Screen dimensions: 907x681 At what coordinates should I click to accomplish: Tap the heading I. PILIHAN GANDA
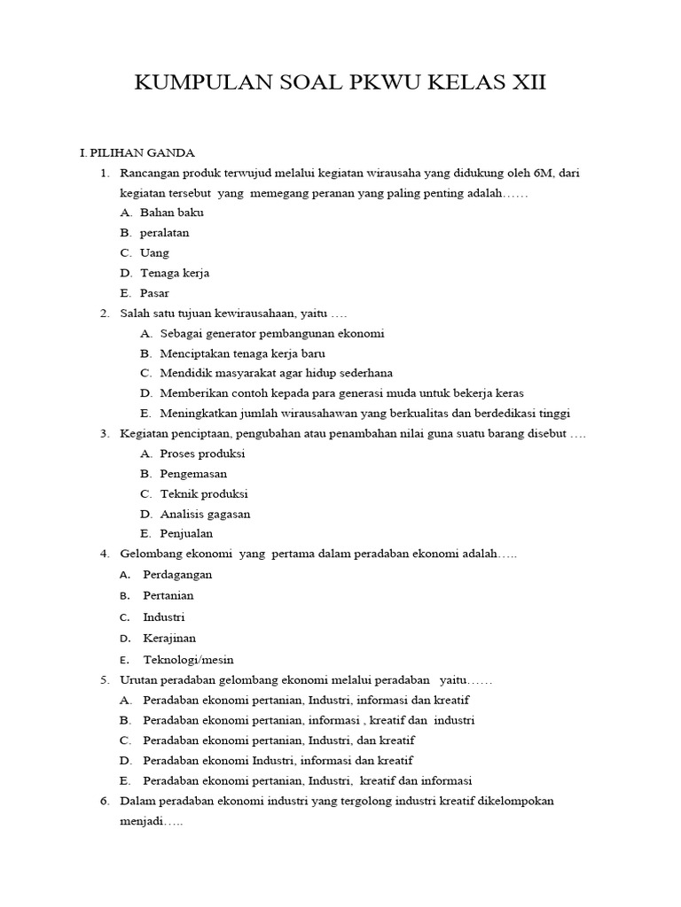click(x=137, y=152)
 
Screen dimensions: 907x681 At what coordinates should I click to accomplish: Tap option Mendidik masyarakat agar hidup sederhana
click(x=276, y=373)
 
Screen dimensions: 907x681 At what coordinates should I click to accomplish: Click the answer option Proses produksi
click(x=202, y=453)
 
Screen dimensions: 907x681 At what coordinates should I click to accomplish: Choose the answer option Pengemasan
click(x=193, y=474)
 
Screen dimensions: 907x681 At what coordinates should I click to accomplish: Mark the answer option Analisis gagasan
click(x=205, y=514)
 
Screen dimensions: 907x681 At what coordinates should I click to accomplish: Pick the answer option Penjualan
click(x=186, y=534)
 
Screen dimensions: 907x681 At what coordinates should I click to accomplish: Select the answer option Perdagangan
click(x=177, y=575)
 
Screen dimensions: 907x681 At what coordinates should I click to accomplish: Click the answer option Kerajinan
click(x=169, y=638)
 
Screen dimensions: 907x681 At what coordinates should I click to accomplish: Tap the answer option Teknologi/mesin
click(x=188, y=660)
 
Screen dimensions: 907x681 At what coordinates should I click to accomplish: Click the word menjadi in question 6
click(x=141, y=822)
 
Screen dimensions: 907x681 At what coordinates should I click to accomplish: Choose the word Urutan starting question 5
click(x=139, y=680)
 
